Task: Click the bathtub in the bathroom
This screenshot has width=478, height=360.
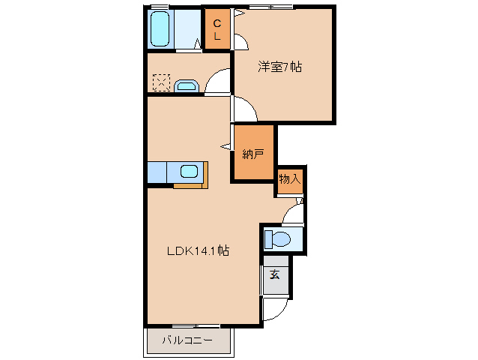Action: (x=160, y=30)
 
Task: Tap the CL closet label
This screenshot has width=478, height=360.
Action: (x=217, y=29)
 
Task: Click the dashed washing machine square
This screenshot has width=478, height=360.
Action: (x=161, y=82)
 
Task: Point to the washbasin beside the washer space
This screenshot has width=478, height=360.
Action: (x=185, y=85)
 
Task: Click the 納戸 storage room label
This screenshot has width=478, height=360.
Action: (x=252, y=154)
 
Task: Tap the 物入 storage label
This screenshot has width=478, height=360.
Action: (x=290, y=179)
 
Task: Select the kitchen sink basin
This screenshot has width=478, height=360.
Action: (x=189, y=171)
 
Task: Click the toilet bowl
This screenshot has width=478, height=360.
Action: (x=280, y=239)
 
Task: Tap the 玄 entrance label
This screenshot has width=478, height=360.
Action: (x=275, y=274)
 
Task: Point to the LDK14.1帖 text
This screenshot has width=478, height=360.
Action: (x=197, y=251)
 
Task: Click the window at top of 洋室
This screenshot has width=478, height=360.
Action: (x=270, y=7)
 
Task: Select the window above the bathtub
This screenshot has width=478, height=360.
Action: (x=159, y=7)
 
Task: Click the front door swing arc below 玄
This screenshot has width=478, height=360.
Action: (x=276, y=309)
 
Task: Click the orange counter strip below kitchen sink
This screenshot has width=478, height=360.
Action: (x=191, y=184)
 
